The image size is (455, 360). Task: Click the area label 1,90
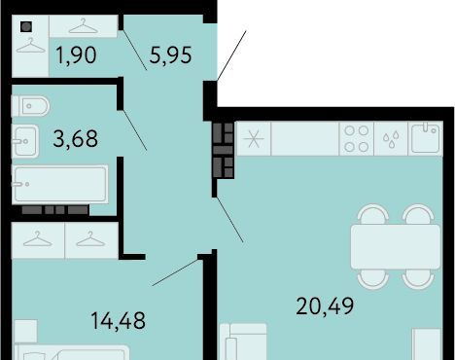point(76,55)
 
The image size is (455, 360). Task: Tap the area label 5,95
point(170,55)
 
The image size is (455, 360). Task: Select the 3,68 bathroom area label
point(75,139)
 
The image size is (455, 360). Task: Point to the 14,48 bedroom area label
point(119,321)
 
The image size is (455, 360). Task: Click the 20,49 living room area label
point(325,306)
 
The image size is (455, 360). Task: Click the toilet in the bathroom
point(30,106)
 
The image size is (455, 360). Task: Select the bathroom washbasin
point(25,141)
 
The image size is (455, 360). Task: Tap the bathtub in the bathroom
point(60,184)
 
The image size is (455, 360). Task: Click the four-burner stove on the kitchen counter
point(357,139)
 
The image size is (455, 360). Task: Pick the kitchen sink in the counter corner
point(425,138)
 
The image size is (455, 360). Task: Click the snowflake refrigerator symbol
point(254,138)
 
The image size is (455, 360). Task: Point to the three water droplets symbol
point(391,139)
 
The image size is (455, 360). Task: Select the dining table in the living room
point(396,247)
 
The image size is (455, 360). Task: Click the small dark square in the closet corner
point(26,27)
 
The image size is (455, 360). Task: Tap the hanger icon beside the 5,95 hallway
point(83,26)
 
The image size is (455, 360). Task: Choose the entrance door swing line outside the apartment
point(231,55)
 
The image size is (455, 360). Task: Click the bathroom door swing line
point(134,129)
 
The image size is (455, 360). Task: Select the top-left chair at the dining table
point(373,214)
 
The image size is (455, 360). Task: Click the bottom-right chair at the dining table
point(418,279)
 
